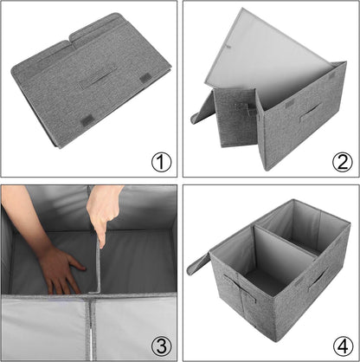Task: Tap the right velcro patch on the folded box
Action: pyautogui.click(x=145, y=79)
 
